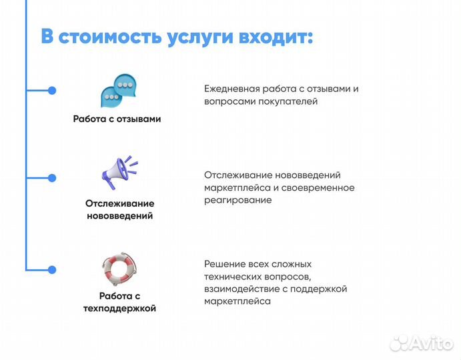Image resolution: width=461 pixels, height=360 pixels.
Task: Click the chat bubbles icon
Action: coord(118,92)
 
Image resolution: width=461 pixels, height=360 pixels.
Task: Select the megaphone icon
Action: coord(119,172)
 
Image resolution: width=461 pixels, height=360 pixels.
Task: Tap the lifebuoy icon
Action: coord(119,269)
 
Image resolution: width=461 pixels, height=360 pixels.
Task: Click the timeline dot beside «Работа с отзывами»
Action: coord(52,91)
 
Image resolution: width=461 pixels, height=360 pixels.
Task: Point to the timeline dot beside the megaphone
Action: coord(52,178)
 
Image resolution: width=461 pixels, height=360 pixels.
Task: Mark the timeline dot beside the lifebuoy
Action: coord(52,269)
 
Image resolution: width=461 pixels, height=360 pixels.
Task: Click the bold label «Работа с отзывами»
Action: coord(117,119)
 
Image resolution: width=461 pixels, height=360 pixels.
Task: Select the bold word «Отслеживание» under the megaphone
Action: coord(119,203)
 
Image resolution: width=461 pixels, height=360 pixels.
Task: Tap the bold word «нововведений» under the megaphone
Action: coord(119,216)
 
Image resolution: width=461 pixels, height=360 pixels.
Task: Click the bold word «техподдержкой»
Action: coord(119,309)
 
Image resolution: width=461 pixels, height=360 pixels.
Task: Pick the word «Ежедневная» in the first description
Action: coord(231,89)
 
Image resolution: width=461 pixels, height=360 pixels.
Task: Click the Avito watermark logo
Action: coord(421,343)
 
